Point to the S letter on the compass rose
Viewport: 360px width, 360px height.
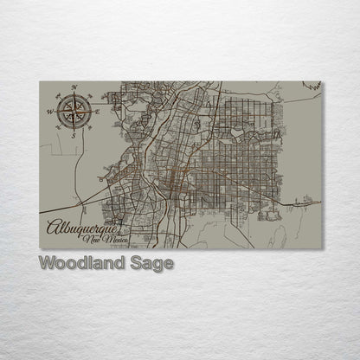74,135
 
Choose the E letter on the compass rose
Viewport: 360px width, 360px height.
98,111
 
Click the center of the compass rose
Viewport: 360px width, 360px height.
74,112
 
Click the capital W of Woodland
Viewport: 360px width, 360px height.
47,263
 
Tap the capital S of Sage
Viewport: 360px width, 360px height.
135,263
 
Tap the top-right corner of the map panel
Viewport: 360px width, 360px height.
323,82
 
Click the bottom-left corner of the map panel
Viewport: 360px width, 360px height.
39,248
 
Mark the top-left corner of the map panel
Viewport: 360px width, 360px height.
39,82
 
